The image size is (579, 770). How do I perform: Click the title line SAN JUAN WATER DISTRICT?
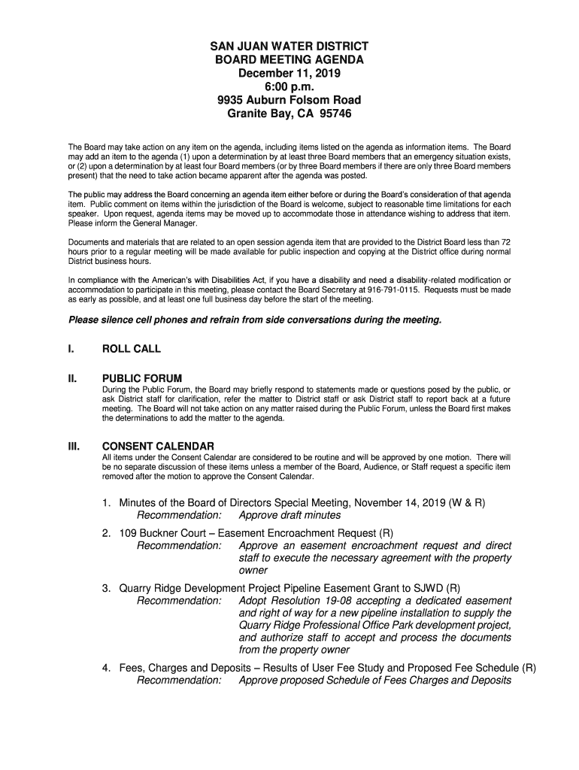[x=289, y=47]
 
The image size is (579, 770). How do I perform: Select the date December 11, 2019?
[x=289, y=74]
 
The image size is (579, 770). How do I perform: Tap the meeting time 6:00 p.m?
[x=289, y=87]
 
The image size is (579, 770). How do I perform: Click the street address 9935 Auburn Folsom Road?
[x=289, y=101]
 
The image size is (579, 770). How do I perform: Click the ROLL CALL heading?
[x=132, y=349]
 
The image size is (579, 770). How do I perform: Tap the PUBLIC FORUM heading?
[x=143, y=378]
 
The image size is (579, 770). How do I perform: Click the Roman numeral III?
[x=75, y=446]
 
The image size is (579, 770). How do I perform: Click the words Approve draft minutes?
[x=289, y=515]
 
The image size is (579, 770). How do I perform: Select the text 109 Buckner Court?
[x=160, y=533]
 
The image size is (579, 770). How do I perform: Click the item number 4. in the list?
[x=108, y=668]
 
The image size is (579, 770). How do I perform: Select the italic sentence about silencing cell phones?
[x=255, y=320]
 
